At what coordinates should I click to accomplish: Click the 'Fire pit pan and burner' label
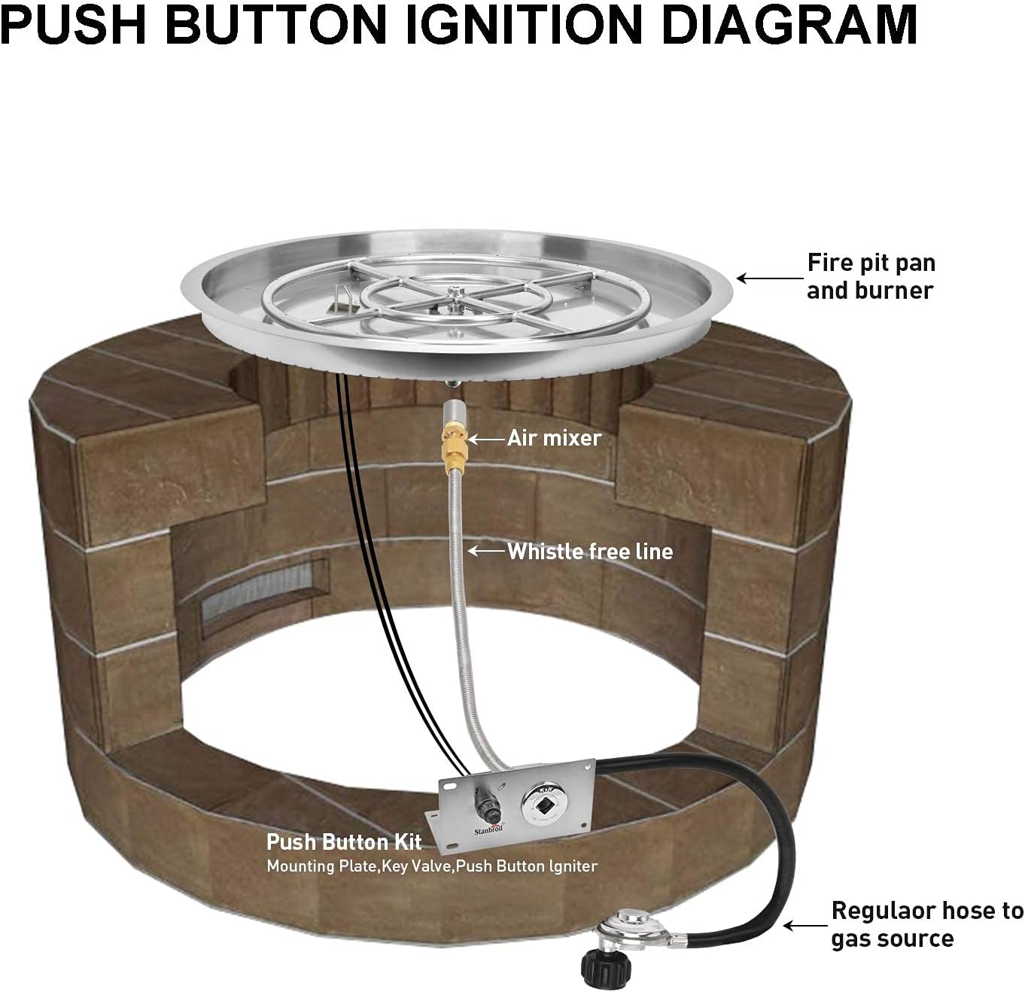[x=871, y=276]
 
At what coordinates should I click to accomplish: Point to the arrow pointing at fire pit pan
[x=768, y=278]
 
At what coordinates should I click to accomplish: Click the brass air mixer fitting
[x=454, y=444]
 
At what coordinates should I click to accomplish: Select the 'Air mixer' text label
[x=554, y=438]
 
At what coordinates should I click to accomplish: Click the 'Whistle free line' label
[x=590, y=552]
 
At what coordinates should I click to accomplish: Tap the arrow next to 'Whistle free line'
[x=485, y=551]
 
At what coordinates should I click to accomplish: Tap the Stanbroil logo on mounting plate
[x=488, y=830]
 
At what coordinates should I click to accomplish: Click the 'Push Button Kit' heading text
[x=344, y=841]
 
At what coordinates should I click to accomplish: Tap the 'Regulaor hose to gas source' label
[x=926, y=924]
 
